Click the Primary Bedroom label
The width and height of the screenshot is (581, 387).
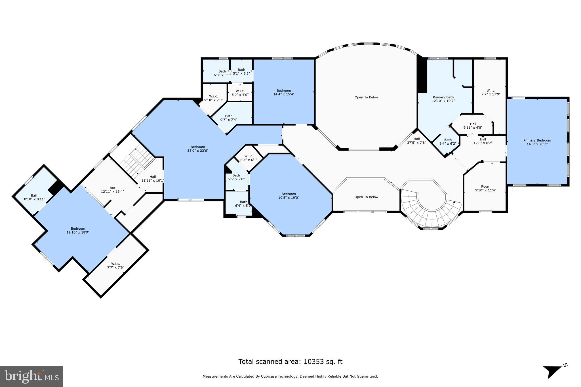(537, 142)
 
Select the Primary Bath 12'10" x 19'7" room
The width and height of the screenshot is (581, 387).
(443, 99)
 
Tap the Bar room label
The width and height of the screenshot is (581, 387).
(113, 190)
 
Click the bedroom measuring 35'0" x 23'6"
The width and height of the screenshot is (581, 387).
(198, 149)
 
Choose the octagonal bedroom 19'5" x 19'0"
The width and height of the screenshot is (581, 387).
(289, 196)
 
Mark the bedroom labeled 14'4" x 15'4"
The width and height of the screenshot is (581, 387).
(284, 92)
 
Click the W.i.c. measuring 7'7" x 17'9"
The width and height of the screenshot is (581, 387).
(491, 92)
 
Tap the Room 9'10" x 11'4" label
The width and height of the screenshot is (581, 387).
(485, 188)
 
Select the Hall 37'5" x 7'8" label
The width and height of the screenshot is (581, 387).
(416, 141)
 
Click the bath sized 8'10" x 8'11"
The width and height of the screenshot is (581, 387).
(35, 197)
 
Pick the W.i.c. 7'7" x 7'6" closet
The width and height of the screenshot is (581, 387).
(115, 265)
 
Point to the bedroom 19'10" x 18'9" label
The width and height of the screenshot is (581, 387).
(78, 230)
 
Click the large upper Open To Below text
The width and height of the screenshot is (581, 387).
(366, 97)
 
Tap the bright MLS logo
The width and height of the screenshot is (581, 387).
(31, 377)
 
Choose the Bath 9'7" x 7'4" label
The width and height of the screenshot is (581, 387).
(229, 118)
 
